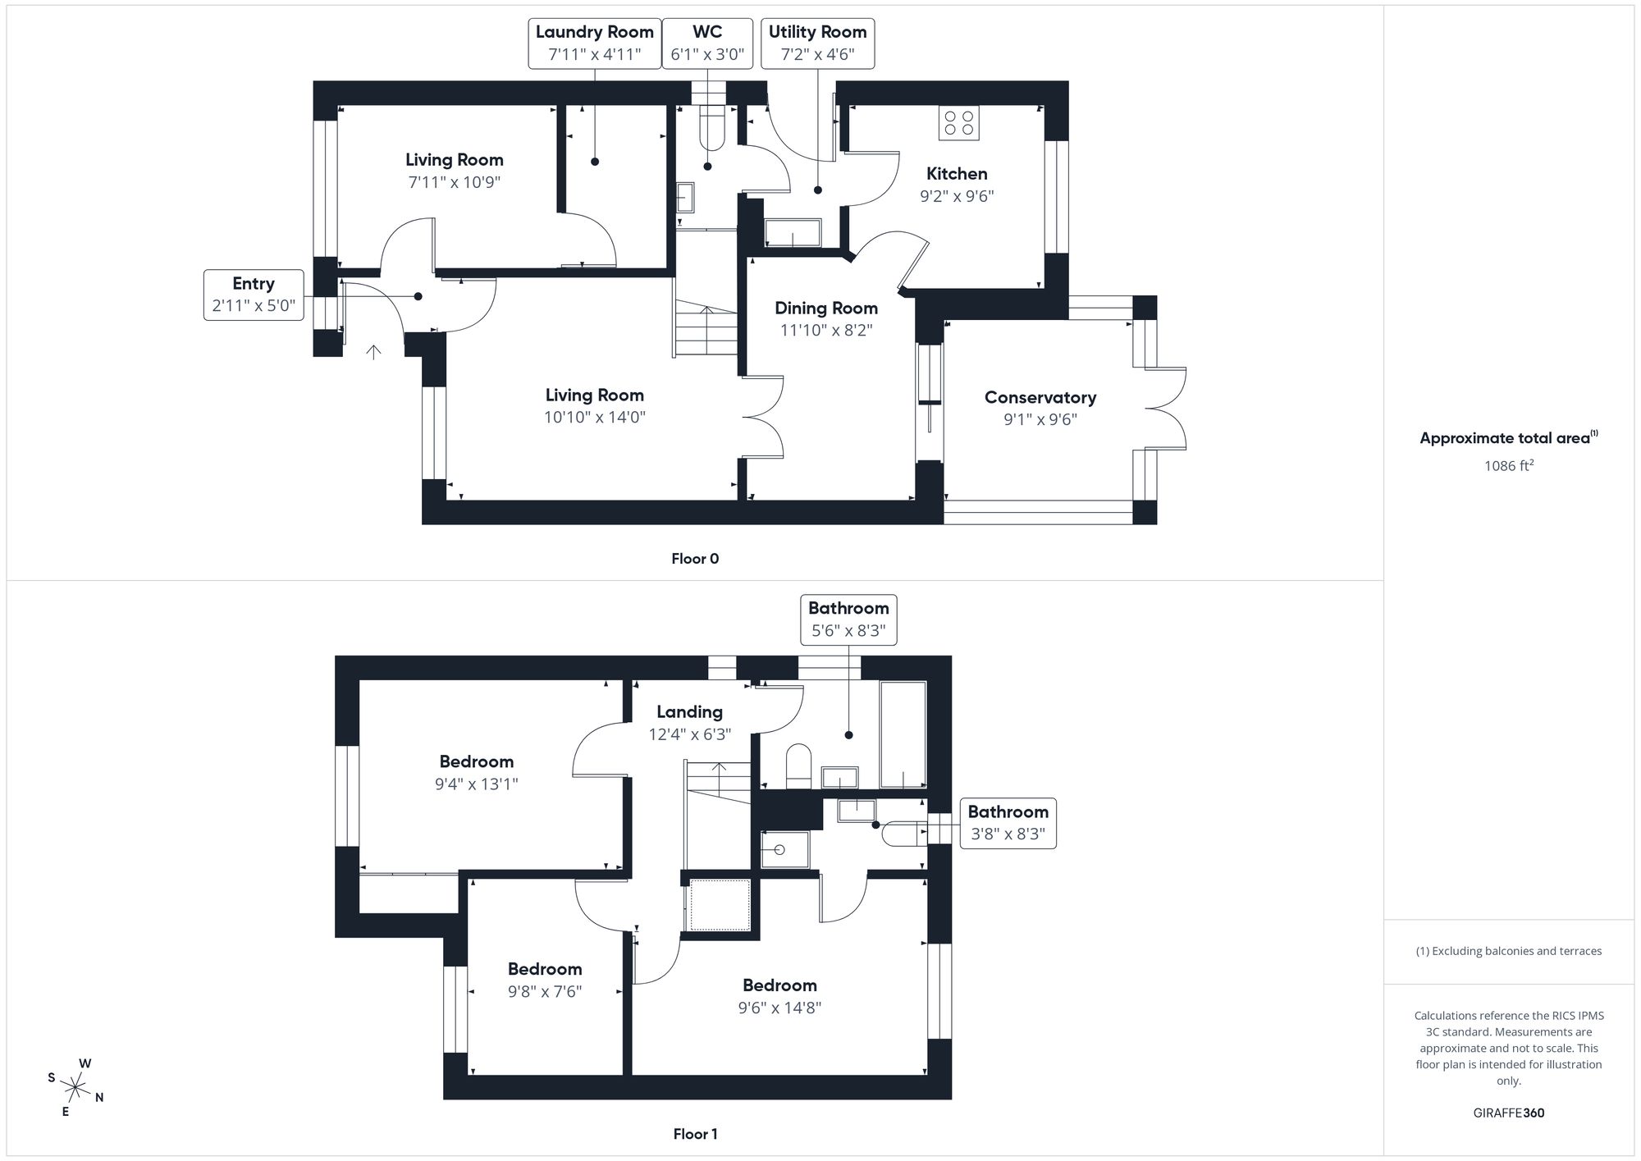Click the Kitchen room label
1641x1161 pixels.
coord(957,174)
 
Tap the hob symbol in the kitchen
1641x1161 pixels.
coord(958,123)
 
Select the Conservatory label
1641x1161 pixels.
coord(1040,398)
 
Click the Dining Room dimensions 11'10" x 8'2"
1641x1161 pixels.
coord(826,330)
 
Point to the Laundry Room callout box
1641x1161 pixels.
coord(594,43)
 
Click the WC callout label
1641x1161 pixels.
coord(707,43)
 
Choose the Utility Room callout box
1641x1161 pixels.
coord(817,43)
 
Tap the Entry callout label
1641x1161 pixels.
coord(254,295)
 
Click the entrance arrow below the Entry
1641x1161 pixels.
coord(373,353)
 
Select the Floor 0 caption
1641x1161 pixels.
coord(695,559)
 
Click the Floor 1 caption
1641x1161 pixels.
coord(695,1134)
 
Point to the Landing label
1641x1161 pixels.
coord(689,712)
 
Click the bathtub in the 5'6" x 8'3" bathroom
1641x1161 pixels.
coord(903,734)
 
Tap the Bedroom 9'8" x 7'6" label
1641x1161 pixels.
coord(545,969)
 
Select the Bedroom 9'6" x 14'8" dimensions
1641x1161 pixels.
coord(779,1008)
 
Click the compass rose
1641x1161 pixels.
coord(75,1089)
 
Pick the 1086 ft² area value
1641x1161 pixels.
coord(1508,466)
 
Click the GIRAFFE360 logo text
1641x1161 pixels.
coord(1508,1113)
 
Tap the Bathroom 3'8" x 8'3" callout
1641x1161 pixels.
coord(1008,823)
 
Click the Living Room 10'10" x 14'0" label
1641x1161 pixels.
coord(594,395)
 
